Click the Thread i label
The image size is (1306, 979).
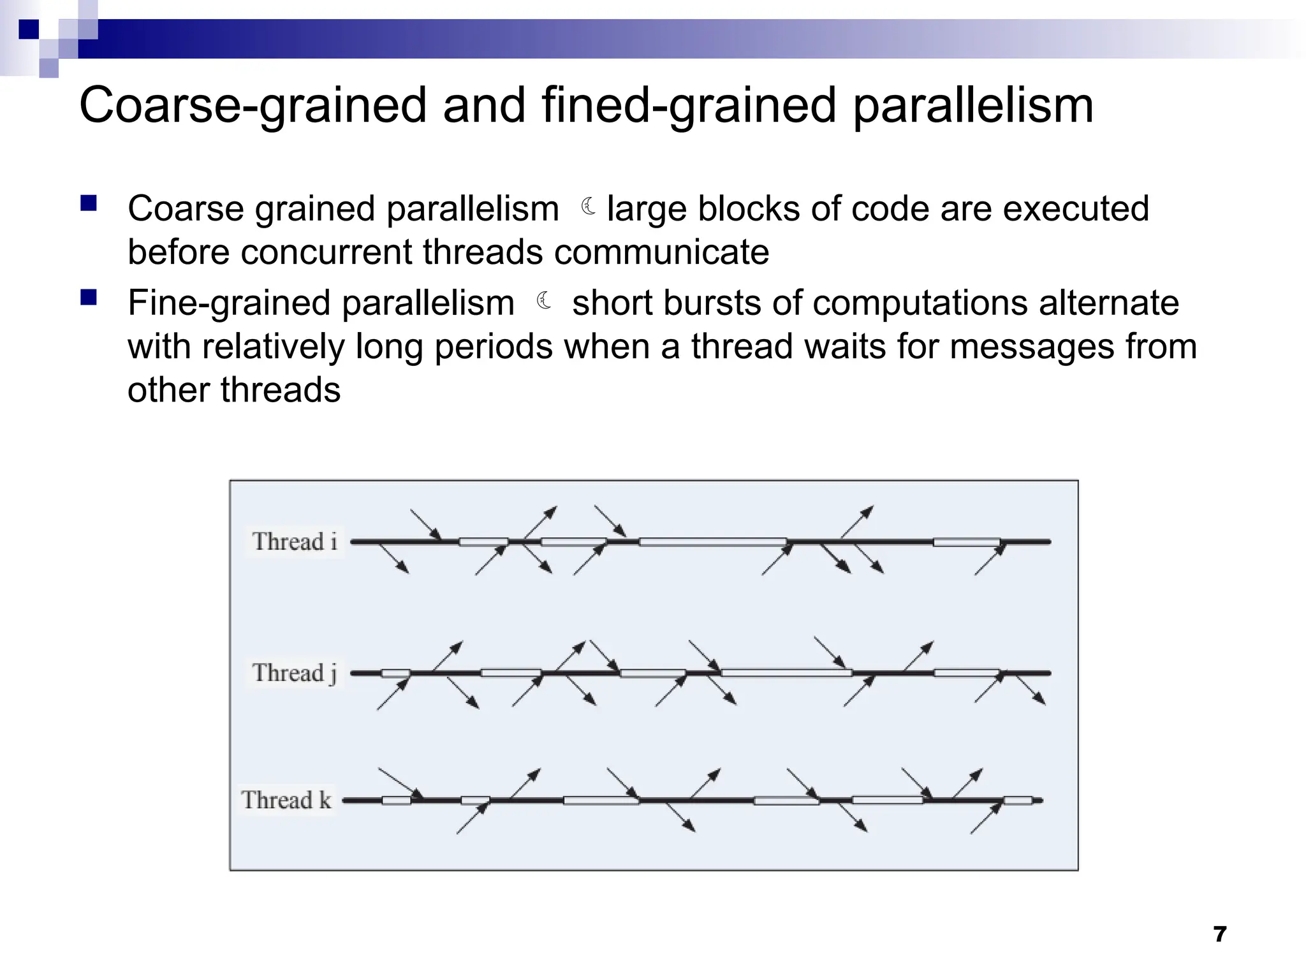pyautogui.click(x=295, y=542)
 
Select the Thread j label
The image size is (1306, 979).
pyautogui.click(x=295, y=673)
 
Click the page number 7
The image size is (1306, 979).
pyautogui.click(x=1219, y=934)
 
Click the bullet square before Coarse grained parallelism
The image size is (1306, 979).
pyautogui.click(x=89, y=204)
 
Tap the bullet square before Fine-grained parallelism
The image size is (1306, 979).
pyautogui.click(x=89, y=298)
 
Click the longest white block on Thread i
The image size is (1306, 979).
pyautogui.click(x=713, y=542)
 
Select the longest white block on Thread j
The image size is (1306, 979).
pyautogui.click(x=786, y=672)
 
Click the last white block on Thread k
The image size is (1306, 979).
pyautogui.click(x=1018, y=801)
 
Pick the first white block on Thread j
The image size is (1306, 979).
pyautogui.click(x=395, y=673)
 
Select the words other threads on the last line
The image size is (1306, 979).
pyautogui.click(x=234, y=390)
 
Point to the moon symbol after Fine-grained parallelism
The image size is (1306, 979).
pyautogui.click(x=544, y=300)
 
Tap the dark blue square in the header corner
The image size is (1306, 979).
pyautogui.click(x=29, y=29)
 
